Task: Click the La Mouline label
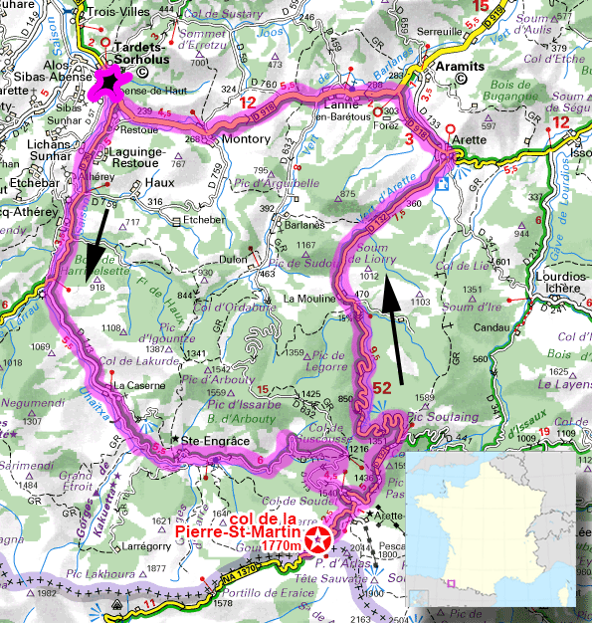(x=309, y=299)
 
